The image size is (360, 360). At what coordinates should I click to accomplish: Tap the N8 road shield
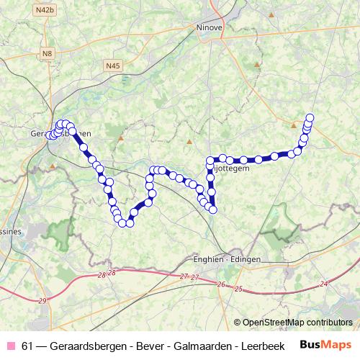coord(48,53)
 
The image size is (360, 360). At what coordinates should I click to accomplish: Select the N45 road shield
coord(112,66)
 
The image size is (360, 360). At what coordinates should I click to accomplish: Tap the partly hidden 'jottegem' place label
coord(232,167)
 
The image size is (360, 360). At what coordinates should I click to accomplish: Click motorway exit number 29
coord(42,300)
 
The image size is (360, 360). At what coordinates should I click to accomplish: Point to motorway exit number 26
coord(220,284)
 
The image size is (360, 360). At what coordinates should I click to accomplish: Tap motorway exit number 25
coord(238,288)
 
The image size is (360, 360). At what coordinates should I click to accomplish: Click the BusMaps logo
coord(325,343)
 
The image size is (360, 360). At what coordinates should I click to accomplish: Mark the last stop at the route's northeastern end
coord(310,117)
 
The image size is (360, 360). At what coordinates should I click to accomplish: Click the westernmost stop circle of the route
coord(49,135)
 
